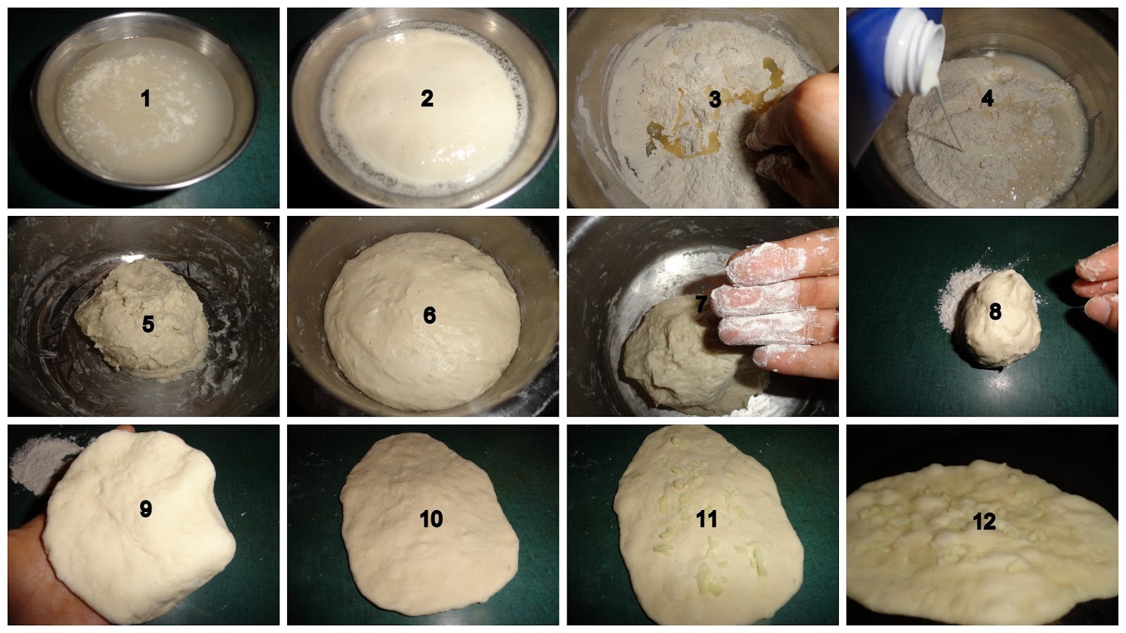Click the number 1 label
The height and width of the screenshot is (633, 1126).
click(x=146, y=98)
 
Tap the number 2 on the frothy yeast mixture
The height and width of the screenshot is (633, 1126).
click(x=426, y=98)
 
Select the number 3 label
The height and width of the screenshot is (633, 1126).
click(x=714, y=99)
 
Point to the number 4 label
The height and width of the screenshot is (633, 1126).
click(x=987, y=98)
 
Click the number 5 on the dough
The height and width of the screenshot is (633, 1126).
click(x=148, y=324)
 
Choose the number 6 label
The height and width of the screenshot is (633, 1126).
click(x=429, y=315)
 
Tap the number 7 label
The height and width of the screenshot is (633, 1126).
click(x=702, y=304)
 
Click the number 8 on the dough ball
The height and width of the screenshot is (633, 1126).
click(x=995, y=312)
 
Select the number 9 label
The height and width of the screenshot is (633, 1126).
click(x=145, y=509)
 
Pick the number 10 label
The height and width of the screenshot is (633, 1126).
click(x=431, y=519)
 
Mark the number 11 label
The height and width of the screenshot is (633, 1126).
click(x=707, y=519)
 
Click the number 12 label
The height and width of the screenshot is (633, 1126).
click(x=984, y=522)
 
